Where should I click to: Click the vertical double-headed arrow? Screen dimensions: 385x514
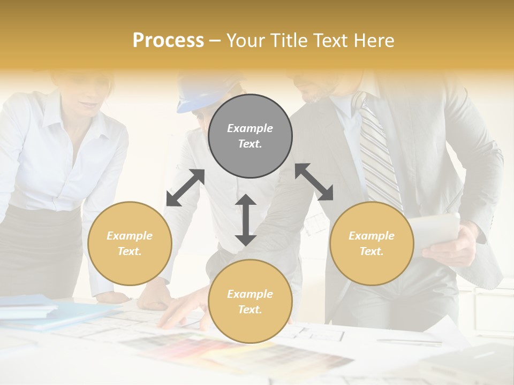click(246, 220)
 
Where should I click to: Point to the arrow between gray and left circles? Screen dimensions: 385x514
click(185, 188)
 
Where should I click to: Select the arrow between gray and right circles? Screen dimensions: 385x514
click(314, 182)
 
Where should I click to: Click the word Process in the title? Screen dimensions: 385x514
click(168, 40)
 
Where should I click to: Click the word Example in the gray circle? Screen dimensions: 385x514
click(250, 128)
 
